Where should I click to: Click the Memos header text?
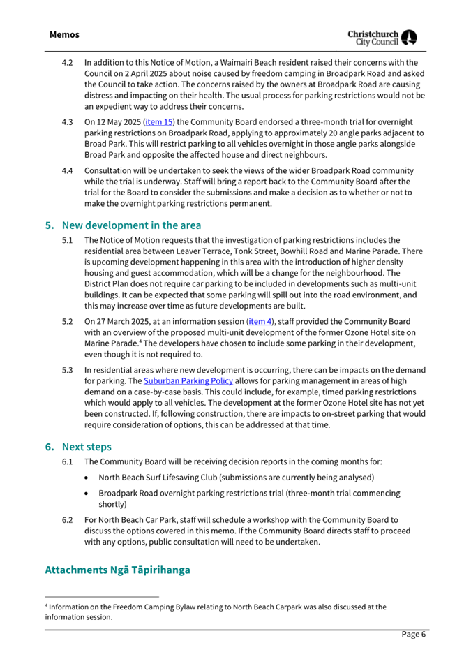pyautogui.click(x=64, y=34)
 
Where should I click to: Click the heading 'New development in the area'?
pyautogui.click(x=132, y=225)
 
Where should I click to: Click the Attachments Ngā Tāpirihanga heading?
pyautogui.click(x=117, y=570)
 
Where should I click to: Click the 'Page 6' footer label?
pyautogui.click(x=412, y=634)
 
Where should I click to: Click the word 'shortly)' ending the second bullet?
pyautogui.click(x=112, y=503)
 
